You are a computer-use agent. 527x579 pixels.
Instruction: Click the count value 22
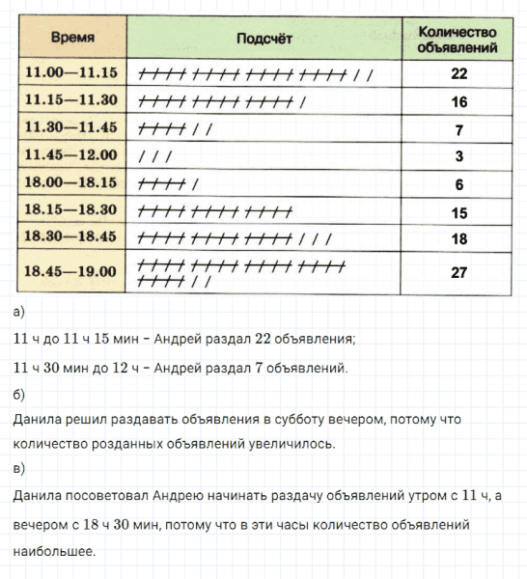point(458,73)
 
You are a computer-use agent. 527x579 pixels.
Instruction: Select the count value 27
point(458,272)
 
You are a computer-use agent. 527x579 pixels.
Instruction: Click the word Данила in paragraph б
point(37,420)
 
